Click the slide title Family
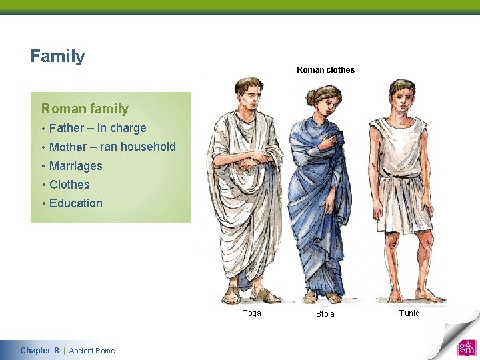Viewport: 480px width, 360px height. pyautogui.click(x=58, y=56)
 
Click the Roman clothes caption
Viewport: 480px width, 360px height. pyautogui.click(x=325, y=70)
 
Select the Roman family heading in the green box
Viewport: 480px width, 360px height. pyautogui.click(x=85, y=109)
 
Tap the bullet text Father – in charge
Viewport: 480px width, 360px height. pyautogui.click(x=97, y=128)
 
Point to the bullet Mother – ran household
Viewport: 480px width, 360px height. pyautogui.click(x=112, y=147)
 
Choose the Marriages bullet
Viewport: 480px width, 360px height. pyautogui.click(x=75, y=166)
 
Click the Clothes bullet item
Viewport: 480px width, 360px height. pyautogui.click(x=69, y=185)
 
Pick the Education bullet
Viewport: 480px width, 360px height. pyautogui.click(x=75, y=203)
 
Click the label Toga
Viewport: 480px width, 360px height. pyautogui.click(x=252, y=313)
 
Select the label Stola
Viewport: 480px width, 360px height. pyautogui.click(x=325, y=314)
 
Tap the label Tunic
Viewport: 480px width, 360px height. pyautogui.click(x=409, y=313)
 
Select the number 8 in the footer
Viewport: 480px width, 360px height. pyautogui.click(x=57, y=351)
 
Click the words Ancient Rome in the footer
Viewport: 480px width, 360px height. pyautogui.click(x=92, y=351)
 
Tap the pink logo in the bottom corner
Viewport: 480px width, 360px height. pyautogui.click(x=466, y=348)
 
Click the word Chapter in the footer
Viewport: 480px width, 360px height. pyautogui.click(x=35, y=351)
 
